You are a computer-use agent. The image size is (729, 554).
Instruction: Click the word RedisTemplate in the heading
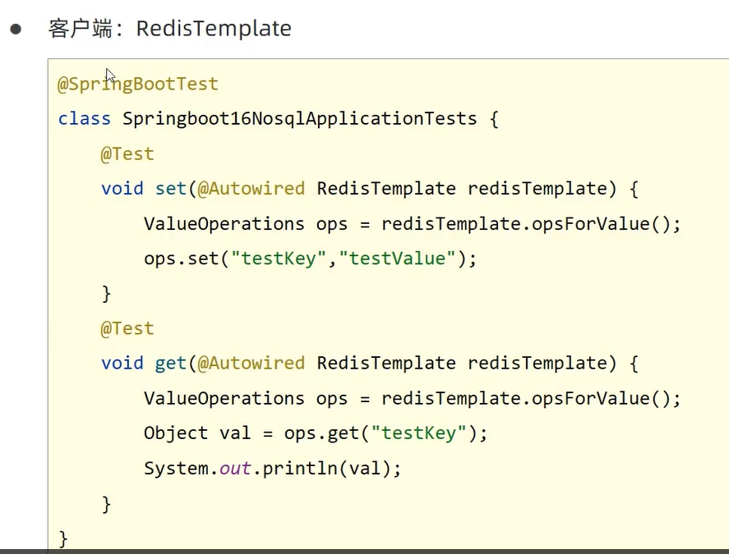(214, 29)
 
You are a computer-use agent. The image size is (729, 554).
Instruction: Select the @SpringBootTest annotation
(138, 84)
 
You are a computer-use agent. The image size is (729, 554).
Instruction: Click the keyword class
(84, 118)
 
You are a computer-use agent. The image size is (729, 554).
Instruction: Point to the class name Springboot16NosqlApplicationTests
(300, 118)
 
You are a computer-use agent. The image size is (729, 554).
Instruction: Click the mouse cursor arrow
(110, 76)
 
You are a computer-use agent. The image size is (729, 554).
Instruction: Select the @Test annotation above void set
(127, 153)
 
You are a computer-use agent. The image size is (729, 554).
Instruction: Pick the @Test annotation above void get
(127, 328)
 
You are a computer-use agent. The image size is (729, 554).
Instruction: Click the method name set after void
(171, 189)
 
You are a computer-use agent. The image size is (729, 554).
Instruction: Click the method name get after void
(171, 363)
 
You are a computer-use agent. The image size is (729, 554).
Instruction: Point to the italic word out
(235, 469)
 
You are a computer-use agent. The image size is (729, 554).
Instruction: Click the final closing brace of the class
(63, 538)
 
